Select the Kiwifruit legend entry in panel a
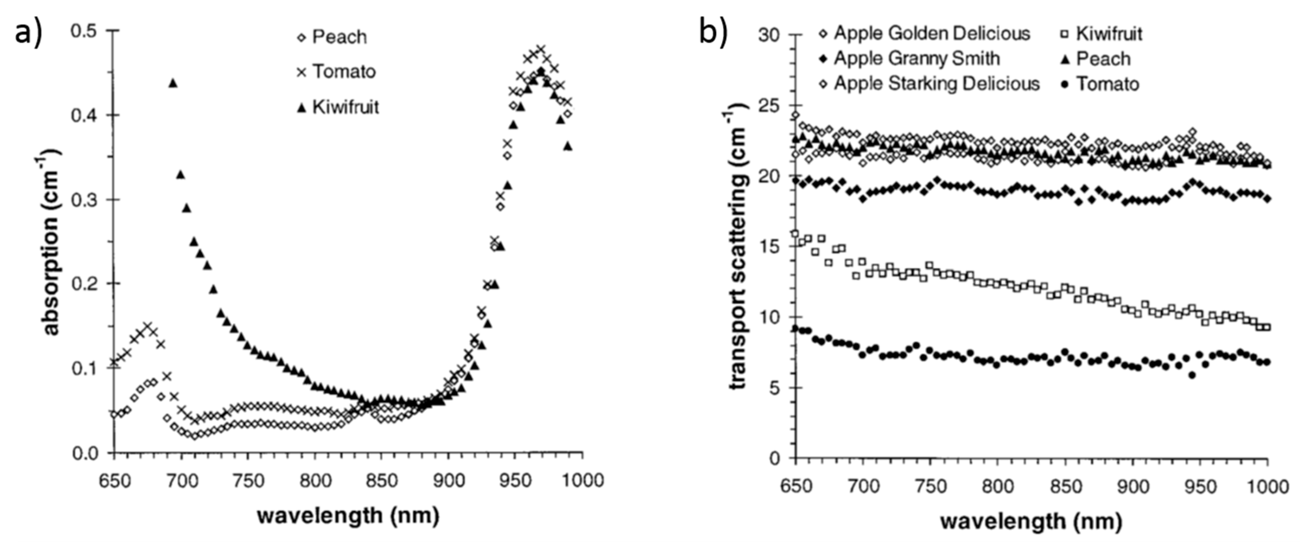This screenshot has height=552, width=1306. click(x=345, y=107)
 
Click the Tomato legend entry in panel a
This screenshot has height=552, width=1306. click(x=343, y=72)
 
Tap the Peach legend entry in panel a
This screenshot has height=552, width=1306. click(x=339, y=37)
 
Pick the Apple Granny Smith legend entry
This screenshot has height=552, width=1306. click(x=917, y=58)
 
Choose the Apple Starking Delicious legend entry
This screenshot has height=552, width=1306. click(x=936, y=84)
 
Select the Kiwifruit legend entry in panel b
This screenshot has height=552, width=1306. click(x=1109, y=34)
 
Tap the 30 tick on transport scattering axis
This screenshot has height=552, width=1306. click(x=770, y=35)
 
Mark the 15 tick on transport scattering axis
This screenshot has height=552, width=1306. click(x=770, y=247)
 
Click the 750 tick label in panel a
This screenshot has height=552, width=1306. click(x=248, y=480)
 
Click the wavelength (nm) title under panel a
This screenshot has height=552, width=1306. click(x=348, y=516)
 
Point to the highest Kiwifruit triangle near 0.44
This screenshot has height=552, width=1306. click(x=173, y=83)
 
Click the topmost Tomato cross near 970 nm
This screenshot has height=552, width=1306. click(x=541, y=49)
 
